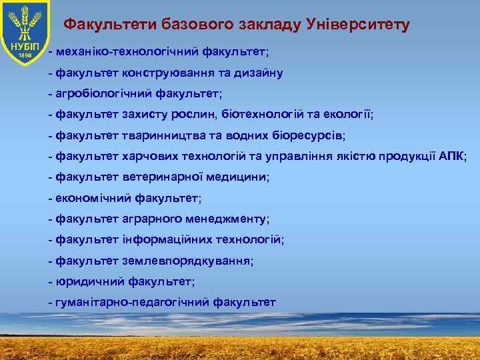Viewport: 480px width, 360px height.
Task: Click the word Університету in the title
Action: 357,25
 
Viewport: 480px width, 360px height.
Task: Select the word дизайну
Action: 259,72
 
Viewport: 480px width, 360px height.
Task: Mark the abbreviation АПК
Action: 451,156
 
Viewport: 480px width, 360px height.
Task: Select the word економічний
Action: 93,198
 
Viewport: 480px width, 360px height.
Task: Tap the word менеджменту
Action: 228,219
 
